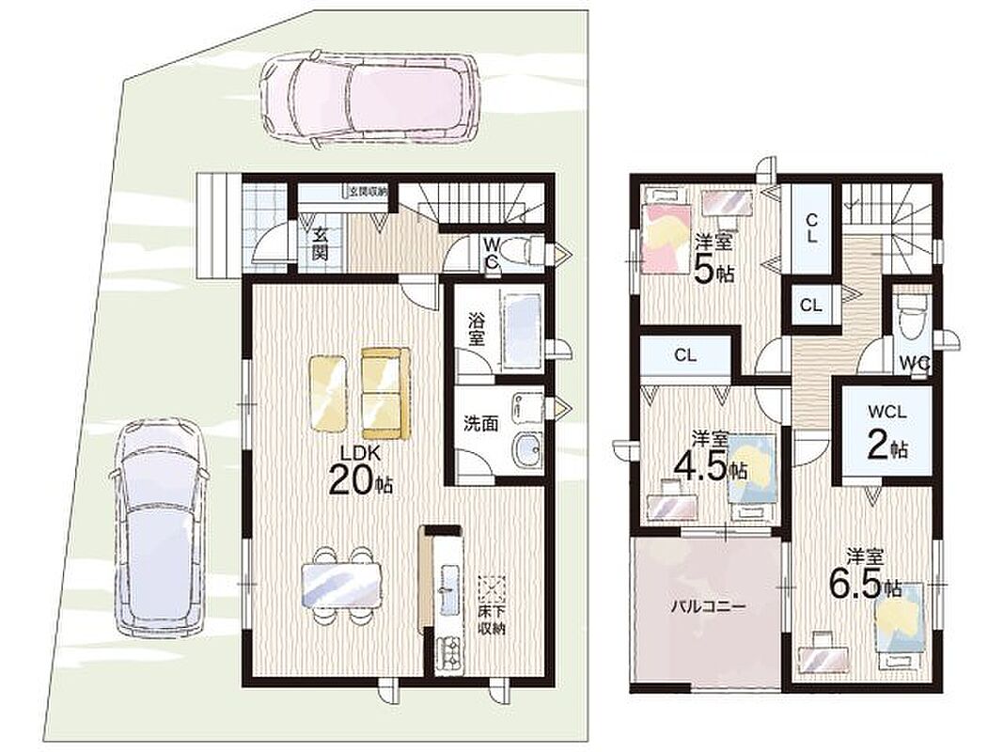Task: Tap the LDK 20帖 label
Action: tap(360, 470)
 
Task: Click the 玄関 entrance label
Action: tap(321, 243)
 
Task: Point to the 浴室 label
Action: tap(477, 329)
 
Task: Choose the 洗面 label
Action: tap(481, 424)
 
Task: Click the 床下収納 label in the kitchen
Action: tap(493, 619)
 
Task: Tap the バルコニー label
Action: tap(708, 606)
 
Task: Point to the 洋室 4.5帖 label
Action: tap(710, 457)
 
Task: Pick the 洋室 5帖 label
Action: tap(714, 260)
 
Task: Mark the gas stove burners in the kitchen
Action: tap(449, 653)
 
